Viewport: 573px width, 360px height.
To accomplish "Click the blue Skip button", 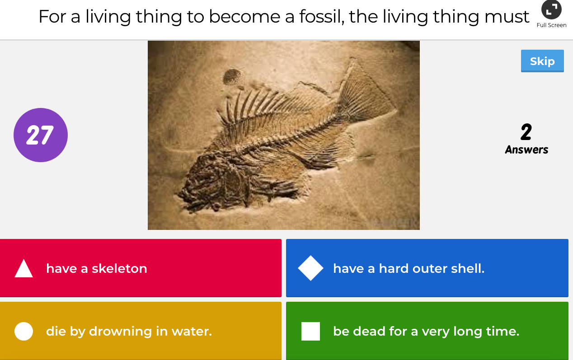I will tap(542, 61).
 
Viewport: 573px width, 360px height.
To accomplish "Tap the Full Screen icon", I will tap(551, 9).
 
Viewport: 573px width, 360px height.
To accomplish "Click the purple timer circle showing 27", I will tap(41, 135).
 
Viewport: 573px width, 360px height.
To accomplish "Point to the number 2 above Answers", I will tap(526, 132).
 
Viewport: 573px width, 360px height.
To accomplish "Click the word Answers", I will tap(526, 150).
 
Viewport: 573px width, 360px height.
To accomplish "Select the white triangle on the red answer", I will tap(24, 268).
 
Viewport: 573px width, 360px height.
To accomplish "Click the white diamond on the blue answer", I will tap(311, 268).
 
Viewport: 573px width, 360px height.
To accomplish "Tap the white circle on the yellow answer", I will tap(24, 331).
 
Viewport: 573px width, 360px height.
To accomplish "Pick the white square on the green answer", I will tap(311, 331).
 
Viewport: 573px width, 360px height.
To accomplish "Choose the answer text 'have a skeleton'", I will tap(97, 268).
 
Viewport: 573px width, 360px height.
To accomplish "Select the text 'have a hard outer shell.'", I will tap(409, 268).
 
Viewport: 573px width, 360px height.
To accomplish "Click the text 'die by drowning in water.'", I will tap(129, 331).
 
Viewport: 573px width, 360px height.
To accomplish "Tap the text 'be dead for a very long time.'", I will tap(426, 331).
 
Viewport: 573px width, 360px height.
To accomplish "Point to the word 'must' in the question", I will tap(507, 17).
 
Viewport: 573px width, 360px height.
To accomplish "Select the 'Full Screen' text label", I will tap(551, 25).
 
